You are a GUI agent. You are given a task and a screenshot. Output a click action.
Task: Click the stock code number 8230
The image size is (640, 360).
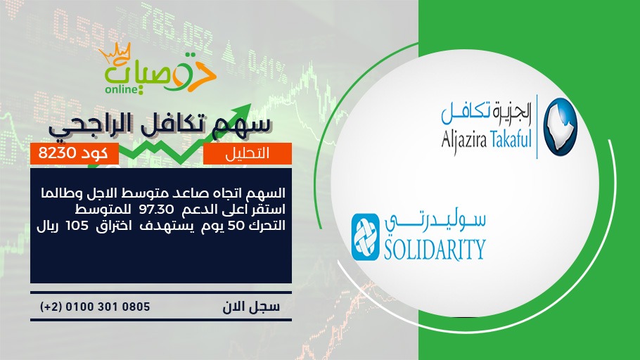point(58,153)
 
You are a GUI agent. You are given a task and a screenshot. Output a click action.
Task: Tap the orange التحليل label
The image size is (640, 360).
point(248,153)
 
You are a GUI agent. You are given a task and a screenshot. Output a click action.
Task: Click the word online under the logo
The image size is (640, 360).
point(121,89)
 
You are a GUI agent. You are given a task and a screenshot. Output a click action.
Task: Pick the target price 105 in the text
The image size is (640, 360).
point(77,226)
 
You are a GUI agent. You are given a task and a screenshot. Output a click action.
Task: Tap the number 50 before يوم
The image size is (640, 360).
point(235,226)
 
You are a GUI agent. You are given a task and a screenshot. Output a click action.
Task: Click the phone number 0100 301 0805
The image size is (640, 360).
point(108,307)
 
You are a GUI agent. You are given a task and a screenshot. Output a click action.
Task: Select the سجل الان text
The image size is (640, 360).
point(251,307)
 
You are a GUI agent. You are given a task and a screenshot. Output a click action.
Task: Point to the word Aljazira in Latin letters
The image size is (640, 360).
point(463,141)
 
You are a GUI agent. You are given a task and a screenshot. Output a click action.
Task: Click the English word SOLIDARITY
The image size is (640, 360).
point(435,249)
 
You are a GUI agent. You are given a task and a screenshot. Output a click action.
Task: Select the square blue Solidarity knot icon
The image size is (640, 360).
point(365,237)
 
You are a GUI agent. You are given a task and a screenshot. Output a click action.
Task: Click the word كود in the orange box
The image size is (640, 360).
point(95,153)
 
